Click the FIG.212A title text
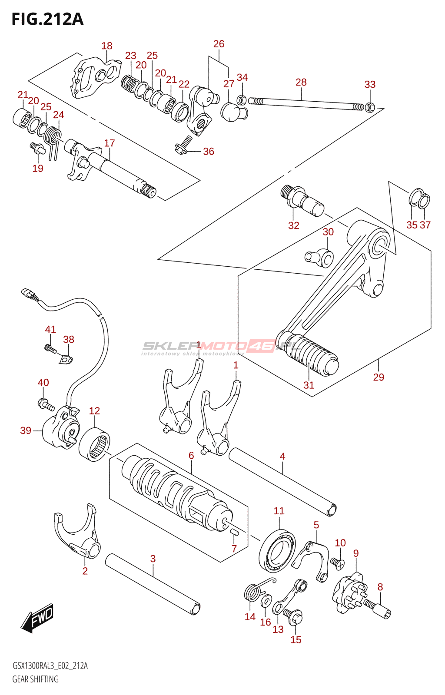(47, 20)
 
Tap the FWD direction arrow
(38, 617)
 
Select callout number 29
(379, 377)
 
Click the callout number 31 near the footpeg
(309, 385)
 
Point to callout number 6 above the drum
(191, 455)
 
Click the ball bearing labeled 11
(277, 551)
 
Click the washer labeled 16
(266, 602)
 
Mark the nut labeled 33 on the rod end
(370, 106)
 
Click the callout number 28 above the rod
(301, 82)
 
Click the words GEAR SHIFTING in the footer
(35, 679)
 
